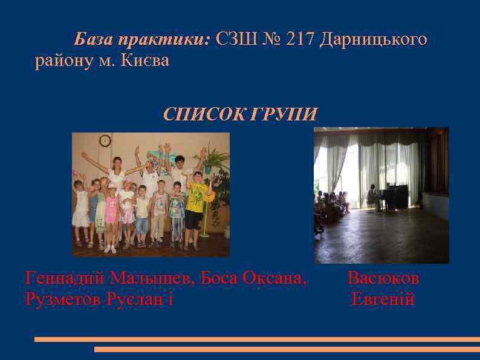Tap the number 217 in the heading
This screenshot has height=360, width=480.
[301, 40]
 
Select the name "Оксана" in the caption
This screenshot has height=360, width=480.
[273, 278]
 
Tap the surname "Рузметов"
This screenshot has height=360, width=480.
[63, 299]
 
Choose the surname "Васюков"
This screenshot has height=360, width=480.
[383, 278]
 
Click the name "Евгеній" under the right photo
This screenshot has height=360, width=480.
[383, 299]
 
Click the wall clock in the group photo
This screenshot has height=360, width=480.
[105, 140]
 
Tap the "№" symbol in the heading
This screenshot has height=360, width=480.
[273, 40]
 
